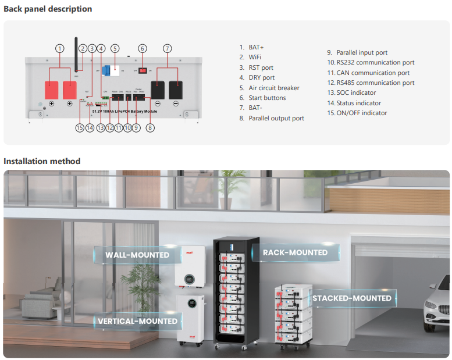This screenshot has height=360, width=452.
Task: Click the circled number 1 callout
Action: pyautogui.click(x=60, y=48)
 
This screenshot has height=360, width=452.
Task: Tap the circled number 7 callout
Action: pyautogui.click(x=168, y=48)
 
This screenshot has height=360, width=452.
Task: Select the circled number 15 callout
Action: pyautogui.click(x=80, y=127)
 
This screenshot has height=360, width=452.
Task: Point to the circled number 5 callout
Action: pyautogui.click(x=115, y=48)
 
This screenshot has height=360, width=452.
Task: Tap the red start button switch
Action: pyautogui.click(x=141, y=70)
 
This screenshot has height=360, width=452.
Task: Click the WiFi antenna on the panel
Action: pyautogui.click(x=76, y=55)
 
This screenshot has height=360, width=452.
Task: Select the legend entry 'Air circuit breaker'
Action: pyautogui.click(x=274, y=88)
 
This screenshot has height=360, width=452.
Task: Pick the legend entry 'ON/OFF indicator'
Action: pyautogui.click(x=361, y=113)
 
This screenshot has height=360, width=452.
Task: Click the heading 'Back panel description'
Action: pyautogui.click(x=48, y=9)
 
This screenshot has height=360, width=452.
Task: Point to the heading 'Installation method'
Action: pyautogui.click(x=42, y=161)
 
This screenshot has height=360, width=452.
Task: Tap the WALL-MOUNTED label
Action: pyautogui.click(x=137, y=255)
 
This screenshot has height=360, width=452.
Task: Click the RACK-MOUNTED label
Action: pyautogui.click(x=295, y=252)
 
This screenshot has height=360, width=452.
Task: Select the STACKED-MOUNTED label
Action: pyautogui.click(x=352, y=298)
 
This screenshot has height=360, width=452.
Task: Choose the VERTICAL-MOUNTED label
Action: pyautogui.click(x=137, y=321)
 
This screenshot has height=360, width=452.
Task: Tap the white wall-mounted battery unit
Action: pyautogui.click(x=190, y=266)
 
